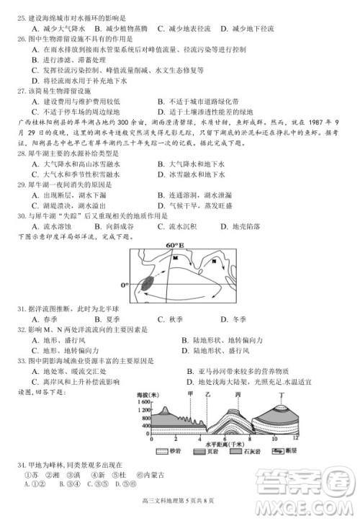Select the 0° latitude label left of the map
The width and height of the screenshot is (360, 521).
125,285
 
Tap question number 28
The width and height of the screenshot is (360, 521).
20,153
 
